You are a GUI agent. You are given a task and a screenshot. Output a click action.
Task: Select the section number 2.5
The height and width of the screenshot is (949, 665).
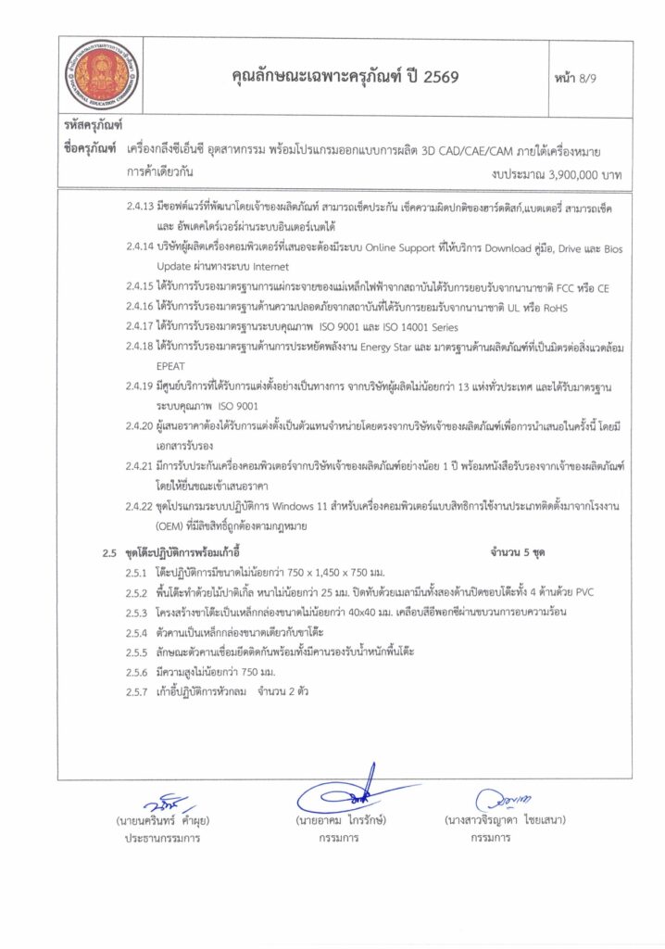pos(109,553)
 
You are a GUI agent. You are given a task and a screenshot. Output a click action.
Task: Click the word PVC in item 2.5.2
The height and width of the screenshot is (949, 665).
pos(583,593)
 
